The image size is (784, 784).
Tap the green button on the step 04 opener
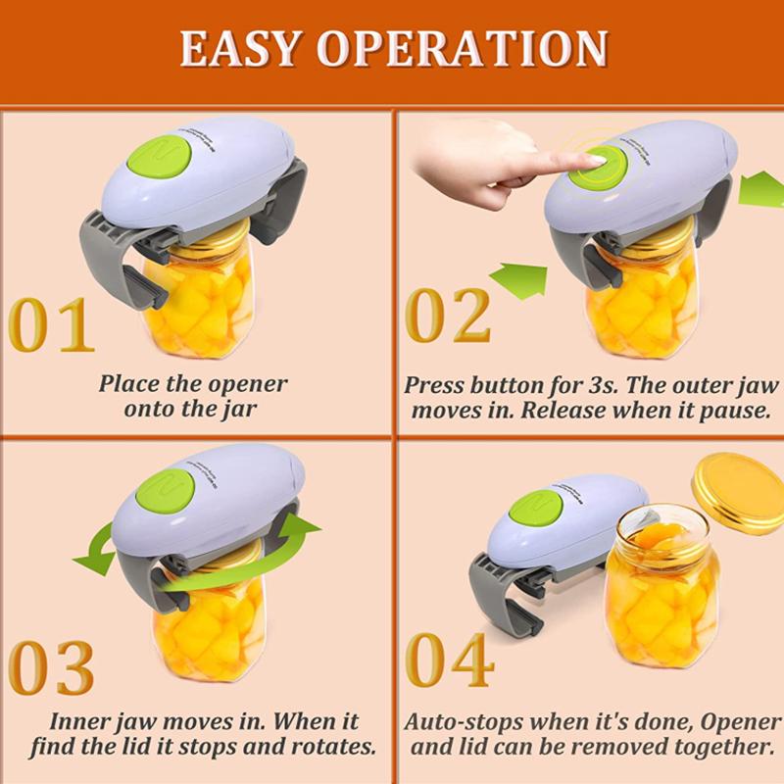click(539, 509)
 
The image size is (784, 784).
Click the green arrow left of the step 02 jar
click(518, 279)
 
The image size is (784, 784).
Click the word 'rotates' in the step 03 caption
click(338, 747)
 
